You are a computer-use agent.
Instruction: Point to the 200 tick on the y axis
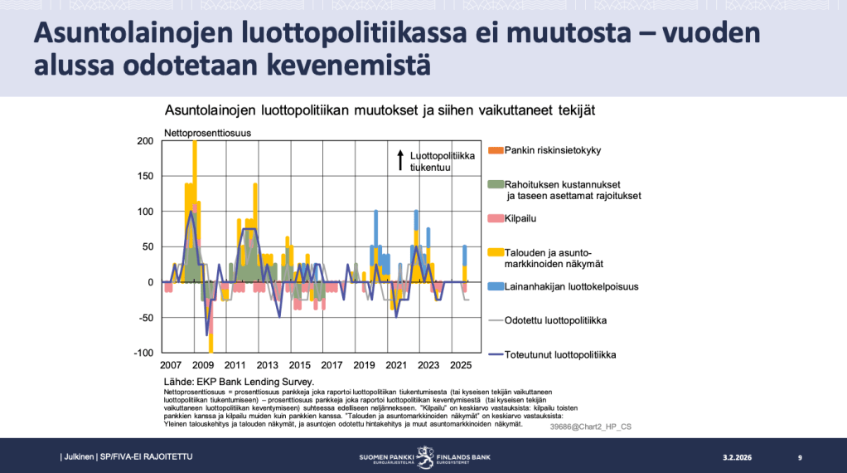144,141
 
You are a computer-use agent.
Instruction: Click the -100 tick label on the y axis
143,353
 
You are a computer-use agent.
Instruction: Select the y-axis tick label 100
144,212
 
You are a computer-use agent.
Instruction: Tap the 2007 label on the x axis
171,365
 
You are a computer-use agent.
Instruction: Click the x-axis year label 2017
332,365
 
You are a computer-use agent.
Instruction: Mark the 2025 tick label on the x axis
461,365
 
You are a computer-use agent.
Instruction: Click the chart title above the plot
380,110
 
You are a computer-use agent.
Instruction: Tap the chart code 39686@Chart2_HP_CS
590,427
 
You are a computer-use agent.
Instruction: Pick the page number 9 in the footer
800,457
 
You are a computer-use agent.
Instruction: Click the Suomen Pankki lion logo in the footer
424,456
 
